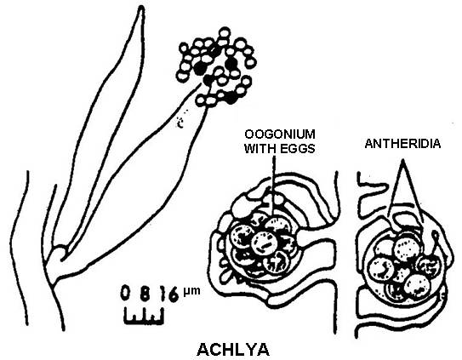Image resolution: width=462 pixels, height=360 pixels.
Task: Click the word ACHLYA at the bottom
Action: tap(233, 350)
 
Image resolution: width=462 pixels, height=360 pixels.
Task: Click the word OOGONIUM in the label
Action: tap(280, 134)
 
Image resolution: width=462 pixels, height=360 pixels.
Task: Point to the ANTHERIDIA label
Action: tap(402, 144)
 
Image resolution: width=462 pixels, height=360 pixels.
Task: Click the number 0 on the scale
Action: tap(126, 293)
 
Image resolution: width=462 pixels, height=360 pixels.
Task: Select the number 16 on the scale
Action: tap(169, 294)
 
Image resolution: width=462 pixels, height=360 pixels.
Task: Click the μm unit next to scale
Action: tap(191, 291)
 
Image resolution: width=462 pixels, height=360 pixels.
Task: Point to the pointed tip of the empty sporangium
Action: tap(141, 8)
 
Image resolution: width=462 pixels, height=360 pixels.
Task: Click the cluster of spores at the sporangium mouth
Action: tap(217, 67)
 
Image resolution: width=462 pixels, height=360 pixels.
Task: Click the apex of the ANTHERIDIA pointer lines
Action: tap(402, 160)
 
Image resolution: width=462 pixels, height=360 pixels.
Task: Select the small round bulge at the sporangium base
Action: tap(60, 253)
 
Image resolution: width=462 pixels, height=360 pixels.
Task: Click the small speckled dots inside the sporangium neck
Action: tap(181, 120)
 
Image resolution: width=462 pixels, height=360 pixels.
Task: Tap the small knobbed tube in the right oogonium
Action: tap(433, 242)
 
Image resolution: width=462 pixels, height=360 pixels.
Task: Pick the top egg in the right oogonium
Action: tap(407, 249)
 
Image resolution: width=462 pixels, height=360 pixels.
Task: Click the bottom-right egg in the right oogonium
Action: tap(417, 286)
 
